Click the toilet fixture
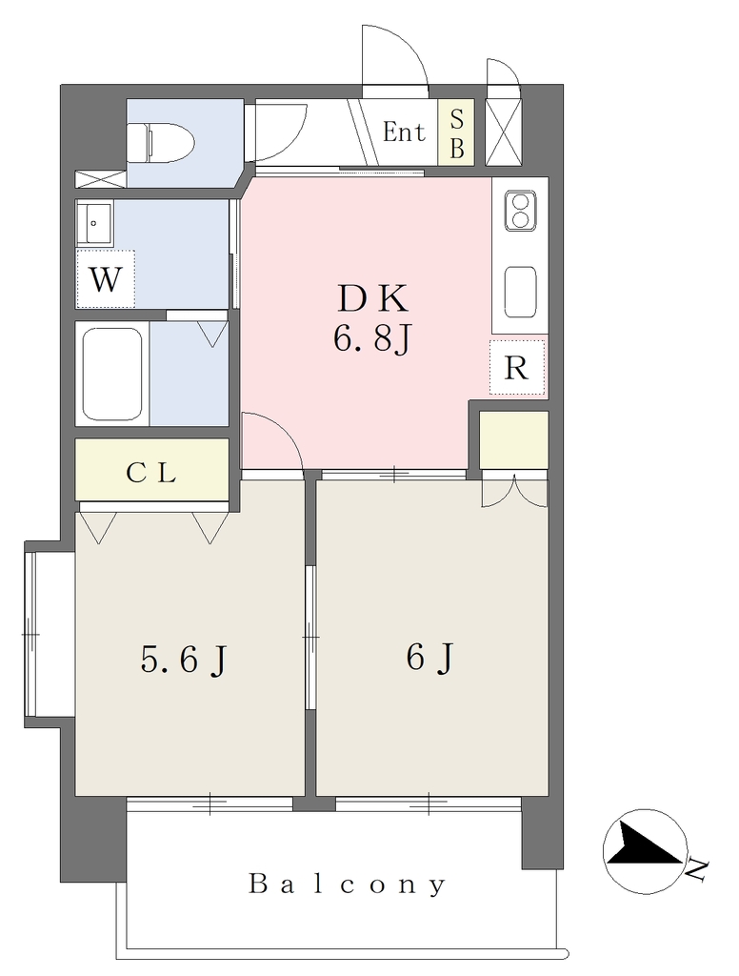161,141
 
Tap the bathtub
112,375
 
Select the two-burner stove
521,212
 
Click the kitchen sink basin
521,292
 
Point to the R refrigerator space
517,367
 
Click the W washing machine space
106,279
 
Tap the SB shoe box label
456,132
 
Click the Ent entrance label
404,132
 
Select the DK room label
373,298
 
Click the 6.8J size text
372,340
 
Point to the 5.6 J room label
184,660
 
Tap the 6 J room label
430,658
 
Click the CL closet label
151,473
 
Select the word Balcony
348,884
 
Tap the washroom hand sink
94,223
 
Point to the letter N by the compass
698,869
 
